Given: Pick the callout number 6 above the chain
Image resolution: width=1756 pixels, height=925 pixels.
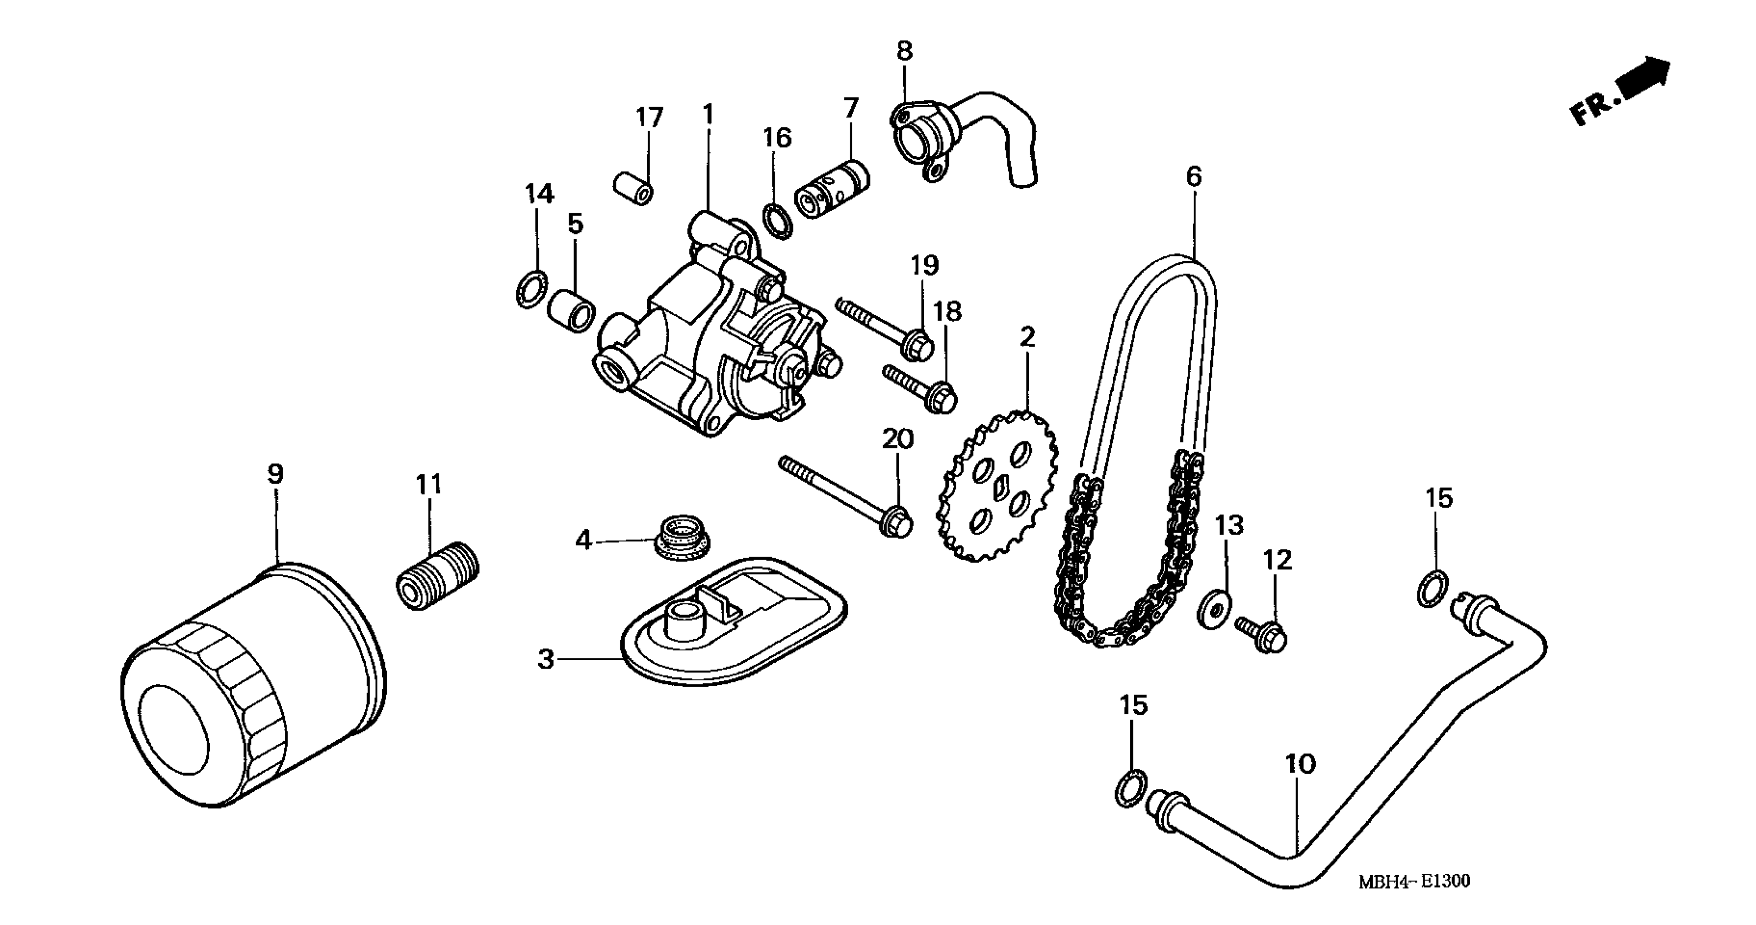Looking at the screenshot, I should click(x=1194, y=177).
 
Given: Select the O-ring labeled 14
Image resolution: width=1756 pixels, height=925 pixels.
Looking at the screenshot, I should click(x=531, y=288).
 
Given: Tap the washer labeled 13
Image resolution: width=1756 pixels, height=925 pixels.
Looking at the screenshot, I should click(x=1213, y=610).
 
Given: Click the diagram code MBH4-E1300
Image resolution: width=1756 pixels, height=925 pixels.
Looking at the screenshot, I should click(x=1415, y=882).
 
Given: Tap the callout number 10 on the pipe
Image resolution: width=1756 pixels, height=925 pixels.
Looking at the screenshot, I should click(x=1300, y=764).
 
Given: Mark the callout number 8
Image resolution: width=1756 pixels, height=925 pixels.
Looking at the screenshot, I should click(x=904, y=51).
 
